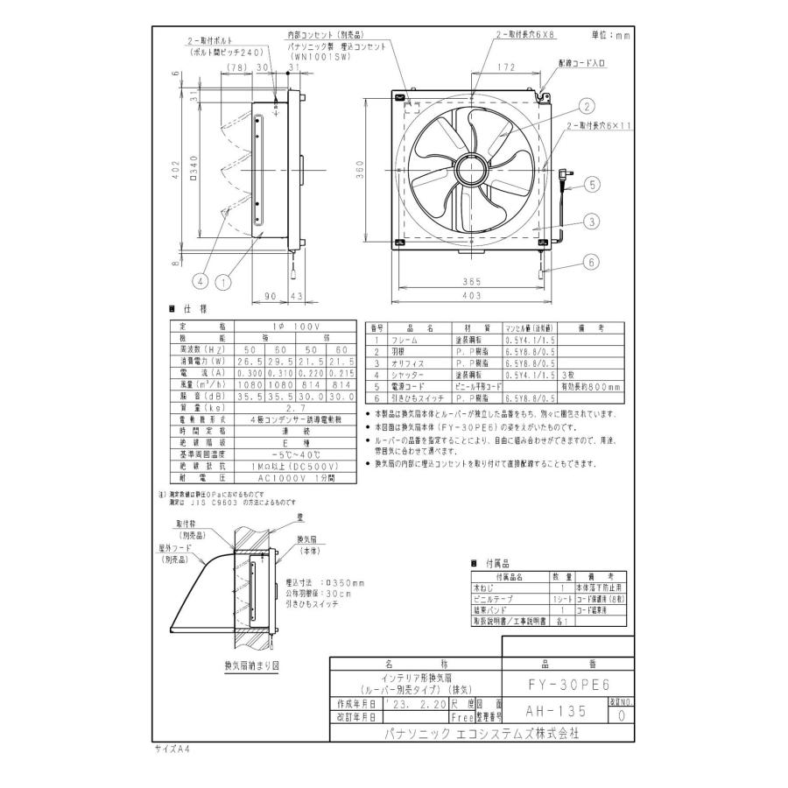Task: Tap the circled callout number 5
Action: coord(592,185)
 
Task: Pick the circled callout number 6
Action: coord(592,262)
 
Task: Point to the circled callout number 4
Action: coord(200,282)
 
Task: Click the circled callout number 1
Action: coord(223,282)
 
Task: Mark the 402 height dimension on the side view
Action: coord(176,169)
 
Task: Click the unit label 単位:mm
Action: coord(609,35)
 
